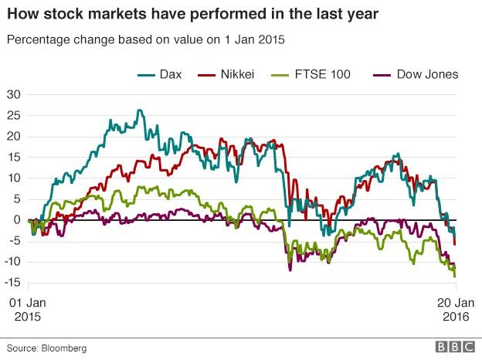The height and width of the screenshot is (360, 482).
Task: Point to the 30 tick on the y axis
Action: (14, 94)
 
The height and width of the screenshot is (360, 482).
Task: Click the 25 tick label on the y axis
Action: (14, 115)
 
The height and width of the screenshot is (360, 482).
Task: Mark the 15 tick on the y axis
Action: (14, 157)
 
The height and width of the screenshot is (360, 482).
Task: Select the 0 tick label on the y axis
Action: (17, 219)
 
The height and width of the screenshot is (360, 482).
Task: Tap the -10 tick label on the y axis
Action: (12, 261)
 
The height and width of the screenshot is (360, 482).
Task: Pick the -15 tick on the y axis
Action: (12, 282)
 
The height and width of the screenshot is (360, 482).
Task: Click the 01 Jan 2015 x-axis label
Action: (28, 310)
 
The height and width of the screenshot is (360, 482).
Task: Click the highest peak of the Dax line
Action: (140, 110)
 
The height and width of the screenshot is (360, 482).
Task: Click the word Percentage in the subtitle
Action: (35, 39)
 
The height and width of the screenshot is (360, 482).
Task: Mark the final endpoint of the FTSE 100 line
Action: (454, 276)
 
